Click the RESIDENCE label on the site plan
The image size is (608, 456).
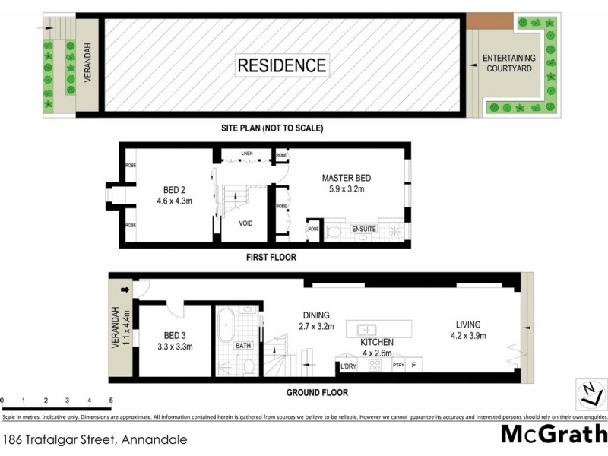point(283,65)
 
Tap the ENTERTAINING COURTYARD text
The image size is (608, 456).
point(509,64)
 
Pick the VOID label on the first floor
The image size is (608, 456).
point(245,224)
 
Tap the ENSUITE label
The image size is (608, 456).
point(364,229)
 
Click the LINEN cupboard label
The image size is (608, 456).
point(246,154)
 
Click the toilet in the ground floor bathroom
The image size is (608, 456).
point(249,367)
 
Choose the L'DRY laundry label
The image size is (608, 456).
point(349,367)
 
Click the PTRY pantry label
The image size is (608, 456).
point(398,366)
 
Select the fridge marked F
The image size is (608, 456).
point(414,366)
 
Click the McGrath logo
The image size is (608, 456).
point(553,435)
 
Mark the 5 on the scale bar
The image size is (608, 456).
point(111,400)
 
